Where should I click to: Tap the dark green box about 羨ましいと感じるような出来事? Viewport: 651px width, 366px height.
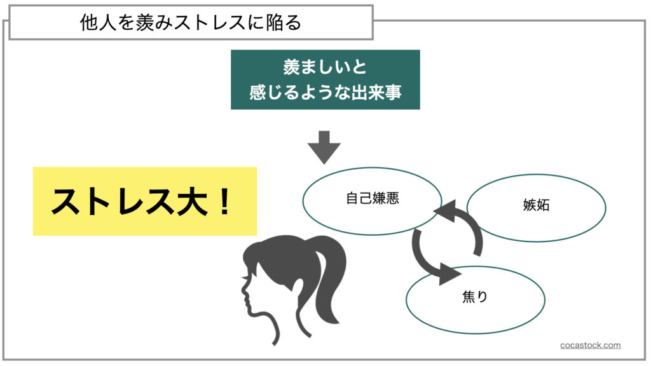click(325, 79)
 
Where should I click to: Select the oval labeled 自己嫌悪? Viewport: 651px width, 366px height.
click(372, 199)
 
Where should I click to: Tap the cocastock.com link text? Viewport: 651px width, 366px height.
click(590, 345)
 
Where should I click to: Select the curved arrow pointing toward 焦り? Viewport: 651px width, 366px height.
click(432, 261)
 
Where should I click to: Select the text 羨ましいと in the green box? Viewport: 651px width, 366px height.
click(325, 67)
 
